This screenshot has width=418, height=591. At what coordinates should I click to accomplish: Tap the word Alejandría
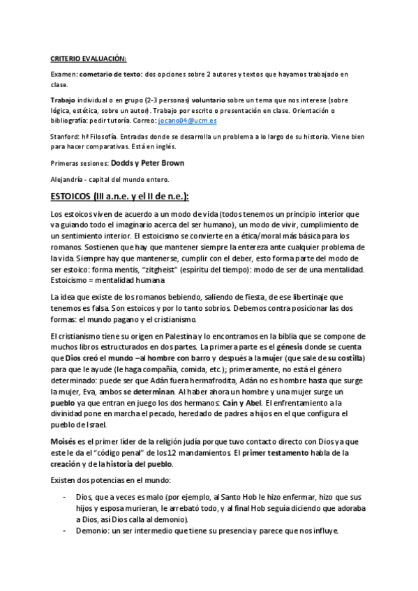point(68,178)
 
